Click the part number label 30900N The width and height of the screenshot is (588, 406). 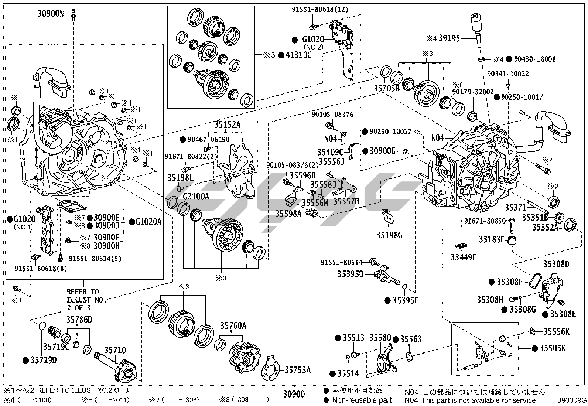pyautogui.click(x=51, y=14)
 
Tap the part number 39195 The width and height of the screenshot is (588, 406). pyautogui.click(x=449, y=38)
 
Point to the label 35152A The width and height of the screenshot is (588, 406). pyautogui.click(x=225, y=125)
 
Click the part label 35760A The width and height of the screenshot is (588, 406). pyautogui.click(x=233, y=326)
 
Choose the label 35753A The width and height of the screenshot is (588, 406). pyautogui.click(x=297, y=370)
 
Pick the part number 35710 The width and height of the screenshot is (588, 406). pyautogui.click(x=115, y=350)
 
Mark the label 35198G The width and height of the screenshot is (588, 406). pyautogui.click(x=389, y=235)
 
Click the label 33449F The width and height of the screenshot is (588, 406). pyautogui.click(x=464, y=257)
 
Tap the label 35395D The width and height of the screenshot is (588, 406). pyautogui.click(x=350, y=274)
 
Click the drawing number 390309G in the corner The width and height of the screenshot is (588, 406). pyautogui.click(x=572, y=400)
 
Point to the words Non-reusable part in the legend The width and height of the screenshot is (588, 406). pyautogui.click(x=362, y=400)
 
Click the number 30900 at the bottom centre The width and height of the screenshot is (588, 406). pyautogui.click(x=294, y=395)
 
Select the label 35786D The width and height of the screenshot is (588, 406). pyautogui.click(x=79, y=320)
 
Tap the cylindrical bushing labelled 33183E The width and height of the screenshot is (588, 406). pyautogui.click(x=512, y=240)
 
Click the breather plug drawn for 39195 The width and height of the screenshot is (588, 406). pyautogui.click(x=476, y=26)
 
